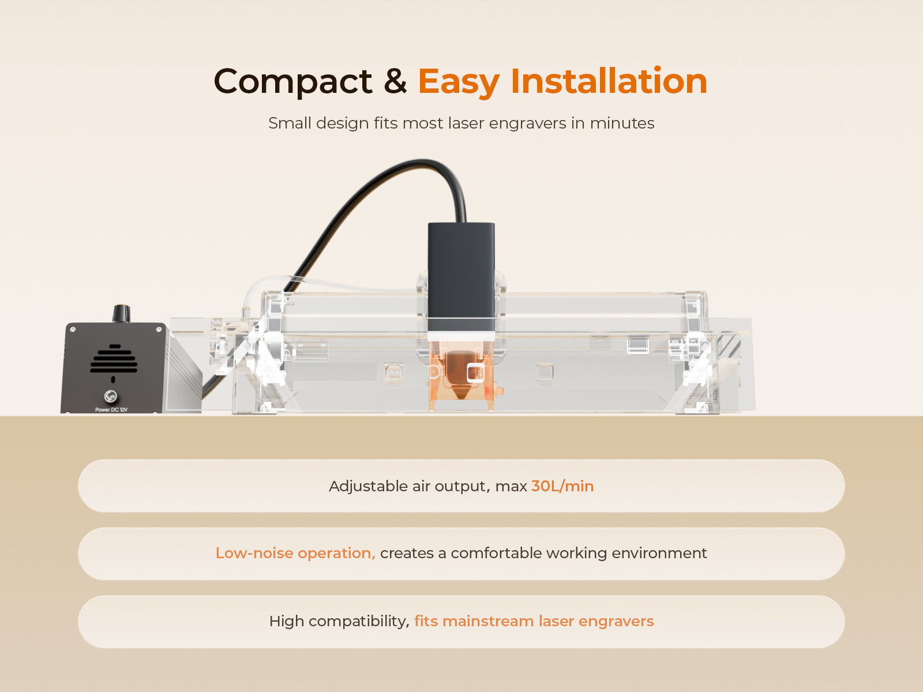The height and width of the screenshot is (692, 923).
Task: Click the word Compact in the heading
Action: click(292, 82)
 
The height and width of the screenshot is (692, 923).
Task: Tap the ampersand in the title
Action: click(395, 81)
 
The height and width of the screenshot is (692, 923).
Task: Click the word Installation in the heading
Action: click(609, 80)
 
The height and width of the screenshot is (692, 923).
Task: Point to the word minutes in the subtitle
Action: click(622, 123)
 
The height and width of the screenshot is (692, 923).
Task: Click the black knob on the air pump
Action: click(121, 314)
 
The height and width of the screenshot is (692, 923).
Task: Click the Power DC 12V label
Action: click(111, 409)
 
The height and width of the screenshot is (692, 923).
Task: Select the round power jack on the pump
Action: click(111, 396)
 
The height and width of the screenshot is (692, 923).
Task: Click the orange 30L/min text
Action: click(562, 486)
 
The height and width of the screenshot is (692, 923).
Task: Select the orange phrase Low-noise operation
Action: click(295, 553)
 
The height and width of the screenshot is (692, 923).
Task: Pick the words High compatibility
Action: click(339, 622)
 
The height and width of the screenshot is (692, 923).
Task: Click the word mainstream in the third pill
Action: click(488, 621)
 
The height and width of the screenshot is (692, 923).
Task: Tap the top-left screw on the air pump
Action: click(73, 329)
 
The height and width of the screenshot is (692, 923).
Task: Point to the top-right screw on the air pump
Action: click(159, 329)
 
